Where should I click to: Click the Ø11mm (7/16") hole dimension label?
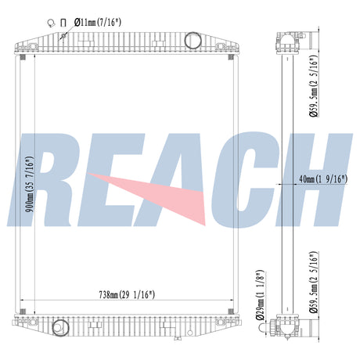[98, 23]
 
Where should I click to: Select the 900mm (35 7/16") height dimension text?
[30, 184]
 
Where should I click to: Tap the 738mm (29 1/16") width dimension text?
[127, 295]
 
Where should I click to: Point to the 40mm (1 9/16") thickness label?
[323, 179]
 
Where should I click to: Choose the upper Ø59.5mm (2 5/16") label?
[314, 86]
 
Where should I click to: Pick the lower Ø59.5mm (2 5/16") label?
[314, 283]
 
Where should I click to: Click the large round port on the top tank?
[193, 40]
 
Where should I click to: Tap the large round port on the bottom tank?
[60, 328]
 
